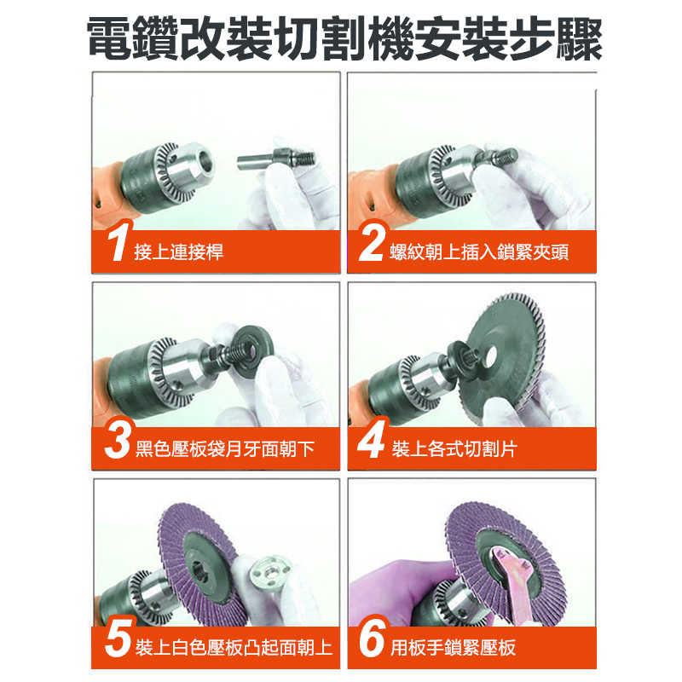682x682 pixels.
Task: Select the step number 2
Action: click(x=372, y=245)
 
